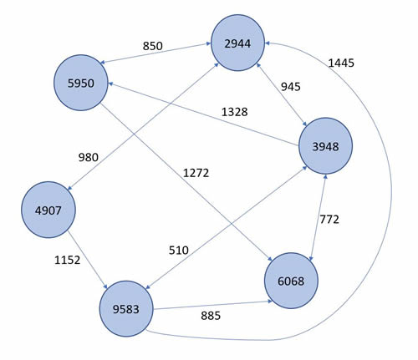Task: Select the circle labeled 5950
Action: pyautogui.click(x=92, y=84)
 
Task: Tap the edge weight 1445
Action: pyautogui.click(x=342, y=63)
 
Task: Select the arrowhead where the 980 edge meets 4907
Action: pyautogui.click(x=71, y=188)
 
